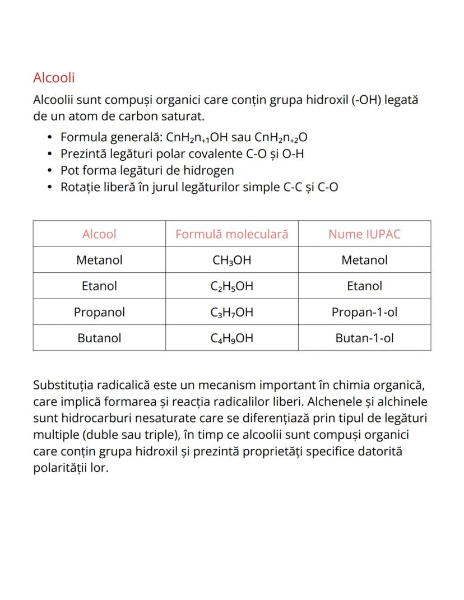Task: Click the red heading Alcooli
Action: click(54, 77)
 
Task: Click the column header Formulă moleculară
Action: click(231, 234)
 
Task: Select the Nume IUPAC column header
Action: click(364, 234)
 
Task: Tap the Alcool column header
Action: click(99, 234)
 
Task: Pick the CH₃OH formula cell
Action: click(231, 261)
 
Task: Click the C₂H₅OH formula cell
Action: click(231, 286)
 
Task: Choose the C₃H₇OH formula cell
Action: click(231, 312)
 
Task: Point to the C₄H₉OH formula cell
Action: click(231, 338)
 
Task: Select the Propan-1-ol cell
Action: click(364, 312)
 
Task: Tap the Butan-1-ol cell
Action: click(364, 338)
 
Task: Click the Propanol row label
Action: click(99, 312)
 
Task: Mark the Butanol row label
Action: click(99, 338)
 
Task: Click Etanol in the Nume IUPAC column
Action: click(364, 286)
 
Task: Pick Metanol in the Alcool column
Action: click(99, 261)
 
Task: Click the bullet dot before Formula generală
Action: click(50, 138)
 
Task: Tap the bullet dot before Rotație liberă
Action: click(50, 188)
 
